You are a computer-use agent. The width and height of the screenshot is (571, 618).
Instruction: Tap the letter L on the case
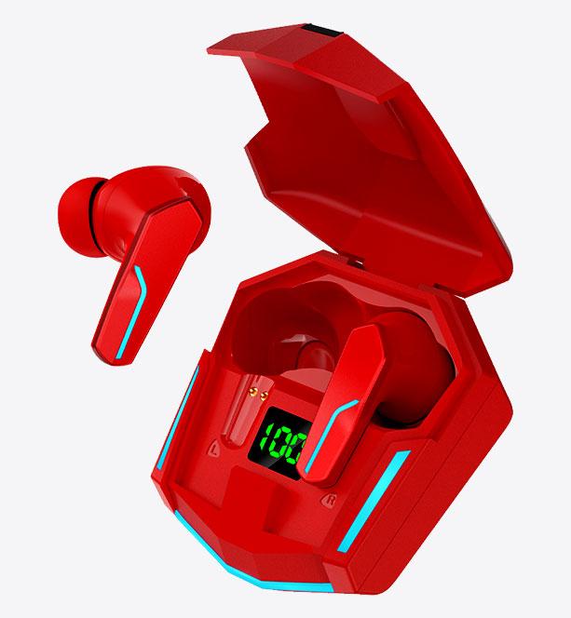(x=216, y=450)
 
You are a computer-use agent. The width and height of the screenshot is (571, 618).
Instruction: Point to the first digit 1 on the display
(x=265, y=442)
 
